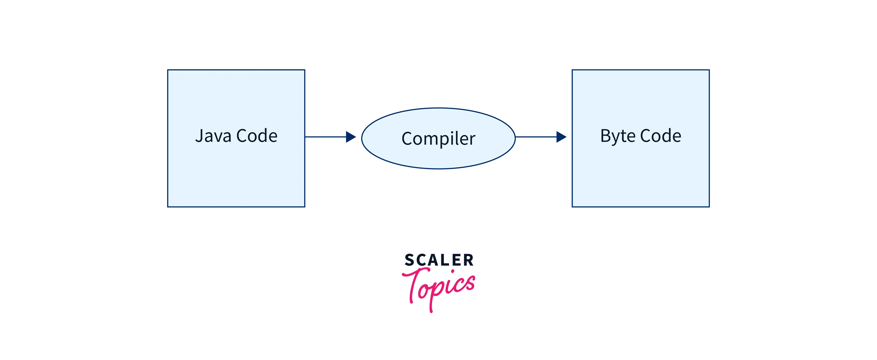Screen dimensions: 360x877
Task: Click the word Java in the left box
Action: (213, 136)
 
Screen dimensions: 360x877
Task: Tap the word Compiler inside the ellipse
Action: (438, 139)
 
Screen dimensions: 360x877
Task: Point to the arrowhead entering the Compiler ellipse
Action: (351, 137)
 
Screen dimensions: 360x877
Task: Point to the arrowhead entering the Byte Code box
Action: (561, 137)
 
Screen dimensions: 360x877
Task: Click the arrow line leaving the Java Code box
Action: (325, 137)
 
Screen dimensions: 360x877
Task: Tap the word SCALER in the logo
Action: (439, 260)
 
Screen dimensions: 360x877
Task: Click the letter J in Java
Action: (199, 136)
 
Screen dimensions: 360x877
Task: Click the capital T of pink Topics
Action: (414, 283)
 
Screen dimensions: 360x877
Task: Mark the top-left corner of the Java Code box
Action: (168, 70)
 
